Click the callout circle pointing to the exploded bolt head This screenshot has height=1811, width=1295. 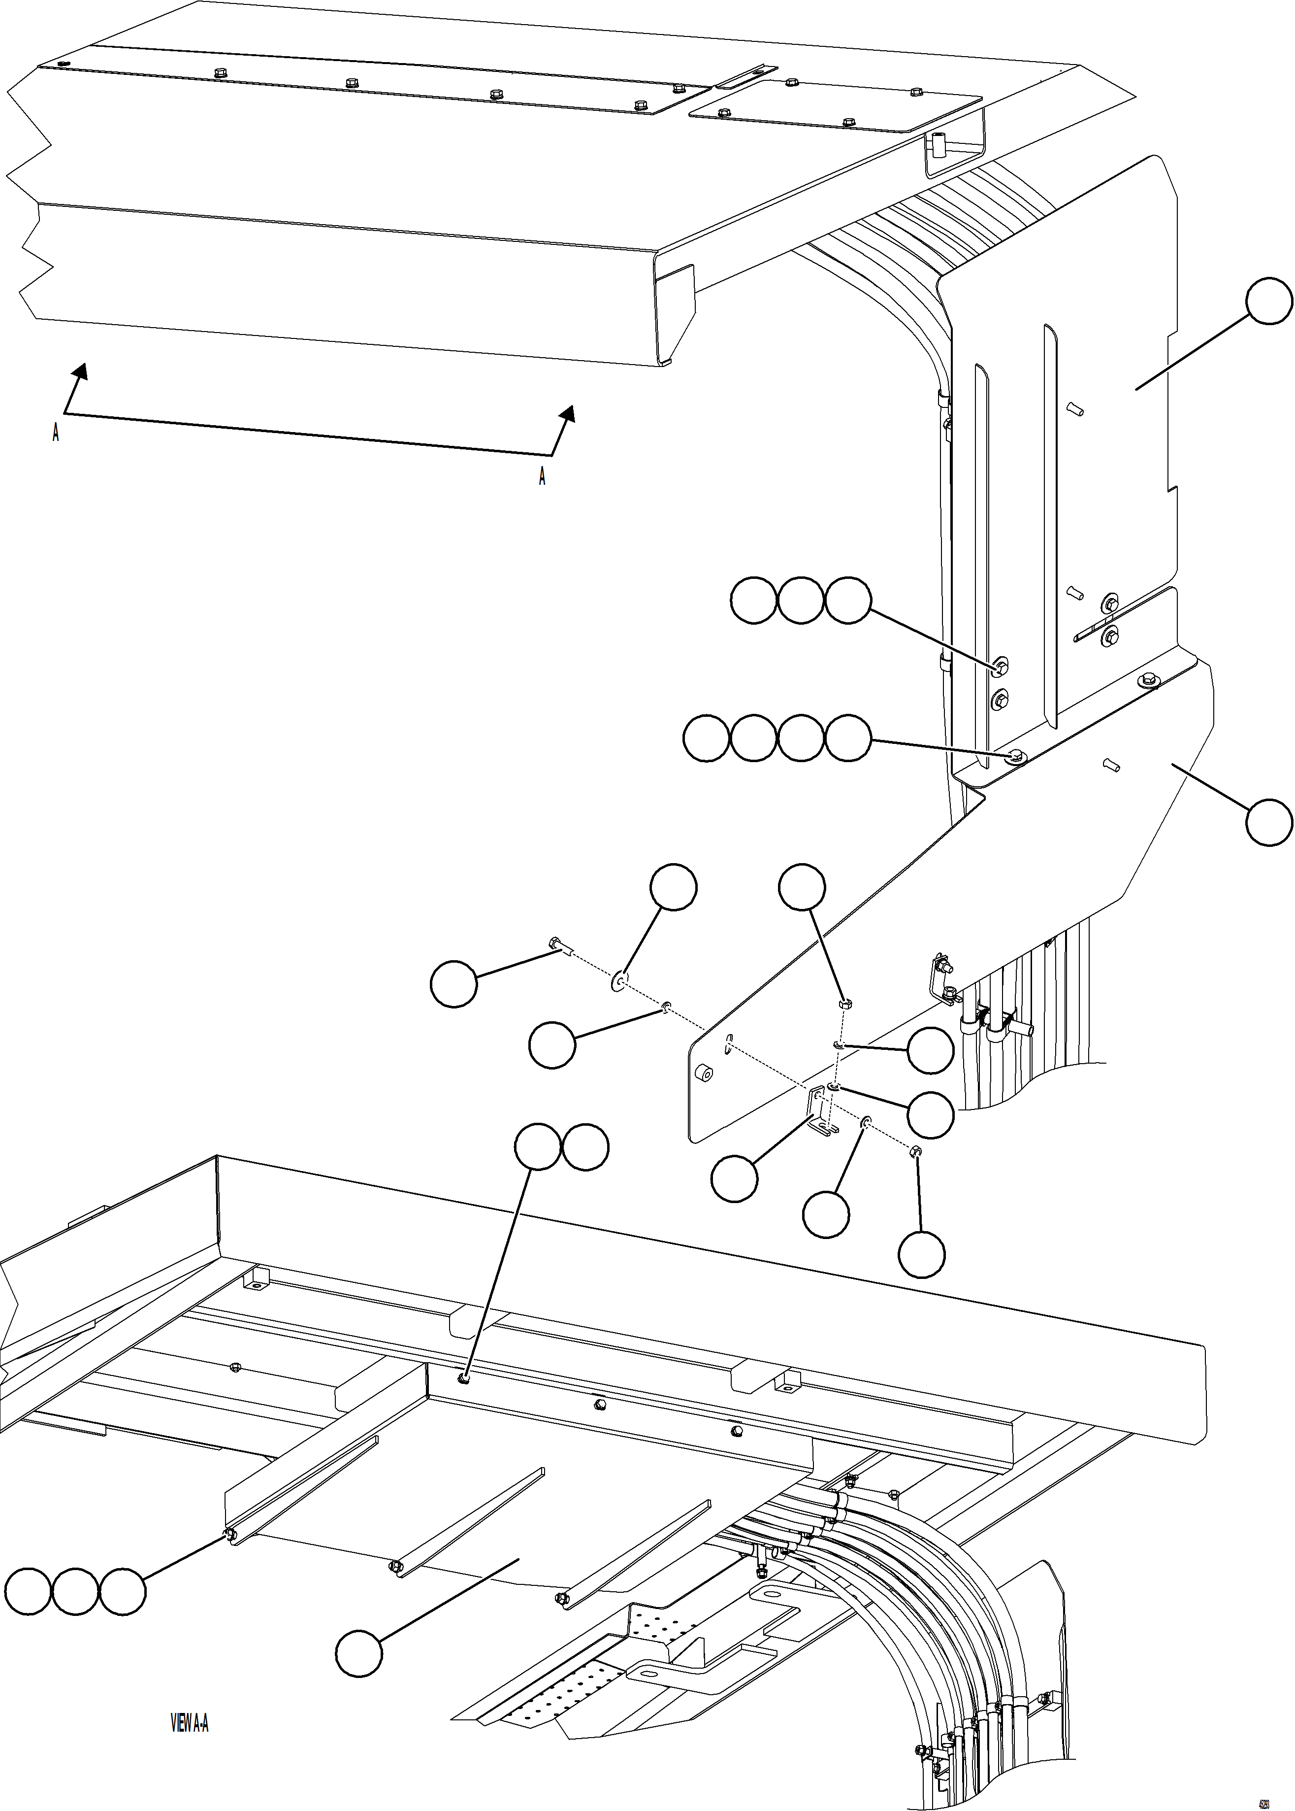453,984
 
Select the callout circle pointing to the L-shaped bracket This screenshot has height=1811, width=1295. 734,1178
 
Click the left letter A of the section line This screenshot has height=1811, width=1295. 55,433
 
